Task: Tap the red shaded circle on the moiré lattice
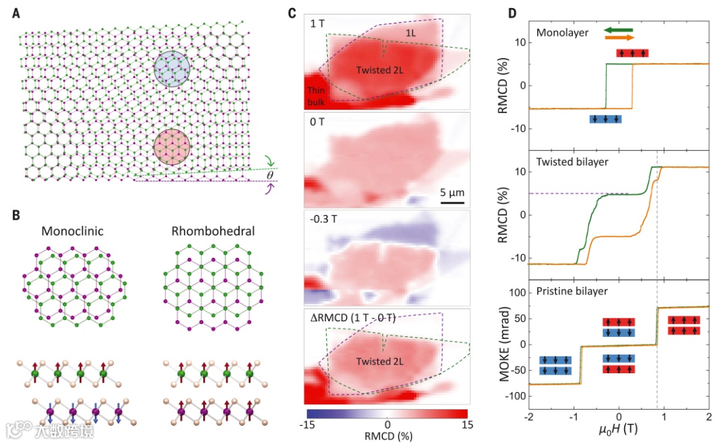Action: [x=171, y=146]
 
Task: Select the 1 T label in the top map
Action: [x=320, y=24]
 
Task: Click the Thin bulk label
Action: [x=317, y=95]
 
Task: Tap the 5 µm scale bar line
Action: [x=452, y=201]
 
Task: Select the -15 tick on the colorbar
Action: [x=308, y=426]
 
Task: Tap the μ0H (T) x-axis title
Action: [x=618, y=429]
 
